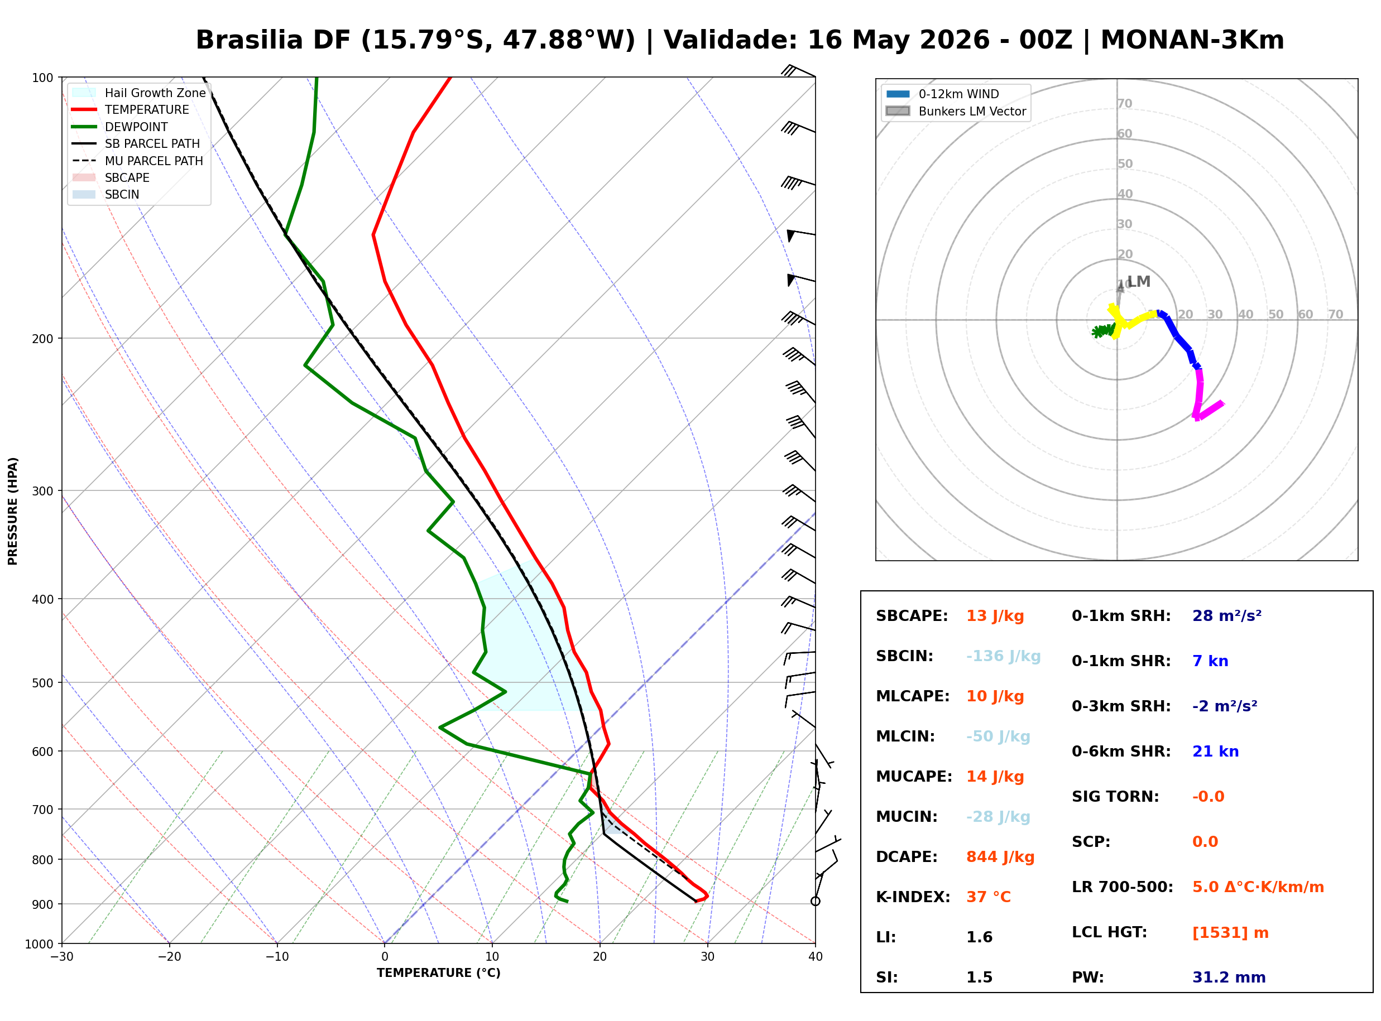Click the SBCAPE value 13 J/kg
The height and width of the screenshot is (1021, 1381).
995,616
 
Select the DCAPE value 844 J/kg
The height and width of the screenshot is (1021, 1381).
1000,857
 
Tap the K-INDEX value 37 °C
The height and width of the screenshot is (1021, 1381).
989,897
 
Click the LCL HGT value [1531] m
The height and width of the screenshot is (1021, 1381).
1230,933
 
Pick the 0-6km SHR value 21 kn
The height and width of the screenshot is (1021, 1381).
1215,752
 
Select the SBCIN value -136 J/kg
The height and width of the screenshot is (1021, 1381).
1003,656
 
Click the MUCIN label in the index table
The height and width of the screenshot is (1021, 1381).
906,817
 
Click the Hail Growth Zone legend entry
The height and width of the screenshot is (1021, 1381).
139,93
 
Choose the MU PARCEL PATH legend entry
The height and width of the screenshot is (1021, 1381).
138,161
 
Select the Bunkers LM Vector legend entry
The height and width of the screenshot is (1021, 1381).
955,111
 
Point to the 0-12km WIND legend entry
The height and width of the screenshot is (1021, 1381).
942,94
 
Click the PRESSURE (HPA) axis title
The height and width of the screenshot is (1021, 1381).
13,511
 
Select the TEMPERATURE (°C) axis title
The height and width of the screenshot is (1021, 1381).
438,973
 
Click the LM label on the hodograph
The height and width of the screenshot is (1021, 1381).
1139,282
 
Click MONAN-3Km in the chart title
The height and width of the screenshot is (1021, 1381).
1192,40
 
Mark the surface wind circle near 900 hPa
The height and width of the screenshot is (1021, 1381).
816,901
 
